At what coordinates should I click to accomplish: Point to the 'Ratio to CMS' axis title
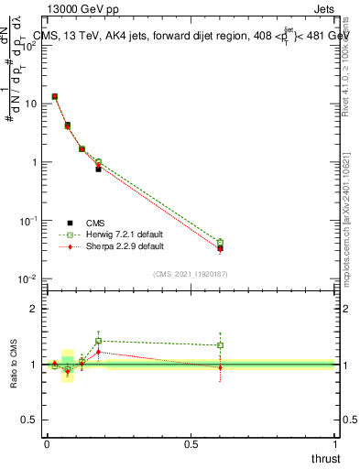[14, 365]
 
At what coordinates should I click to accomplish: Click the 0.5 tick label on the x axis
[191, 444]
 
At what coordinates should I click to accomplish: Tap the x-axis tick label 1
[335, 444]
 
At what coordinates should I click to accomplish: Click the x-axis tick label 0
[47, 444]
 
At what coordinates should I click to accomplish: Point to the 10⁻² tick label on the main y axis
[28, 279]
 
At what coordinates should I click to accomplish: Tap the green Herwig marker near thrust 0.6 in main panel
[220, 243]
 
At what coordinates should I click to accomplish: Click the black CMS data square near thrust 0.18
[98, 169]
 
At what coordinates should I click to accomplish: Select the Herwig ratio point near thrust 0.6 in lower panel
[220, 345]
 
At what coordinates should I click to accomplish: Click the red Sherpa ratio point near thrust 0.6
[220, 367]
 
